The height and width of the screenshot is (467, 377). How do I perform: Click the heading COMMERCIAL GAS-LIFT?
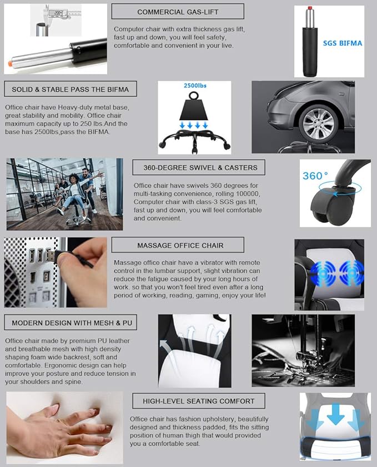[x=178, y=12]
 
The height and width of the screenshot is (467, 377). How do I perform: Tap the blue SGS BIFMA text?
[x=343, y=43]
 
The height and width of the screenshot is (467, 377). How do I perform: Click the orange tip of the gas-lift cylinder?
[x=9, y=64]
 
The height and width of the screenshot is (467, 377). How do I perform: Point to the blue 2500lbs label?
[x=195, y=86]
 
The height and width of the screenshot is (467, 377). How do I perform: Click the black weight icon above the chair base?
[x=194, y=107]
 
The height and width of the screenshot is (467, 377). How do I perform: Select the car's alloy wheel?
[x=318, y=123]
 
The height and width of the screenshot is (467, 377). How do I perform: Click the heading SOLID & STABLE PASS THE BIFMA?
[x=70, y=90]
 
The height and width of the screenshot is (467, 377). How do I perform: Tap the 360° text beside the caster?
[x=315, y=176]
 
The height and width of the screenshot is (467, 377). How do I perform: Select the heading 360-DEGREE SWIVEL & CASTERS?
[x=200, y=168]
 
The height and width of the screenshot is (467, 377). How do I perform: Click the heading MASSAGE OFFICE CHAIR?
[x=180, y=245]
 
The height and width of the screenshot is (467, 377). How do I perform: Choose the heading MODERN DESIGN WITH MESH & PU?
[x=72, y=323]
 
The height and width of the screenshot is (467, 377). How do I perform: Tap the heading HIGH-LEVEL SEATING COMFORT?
[x=198, y=401]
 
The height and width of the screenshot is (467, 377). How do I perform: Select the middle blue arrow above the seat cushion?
[x=336, y=414]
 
